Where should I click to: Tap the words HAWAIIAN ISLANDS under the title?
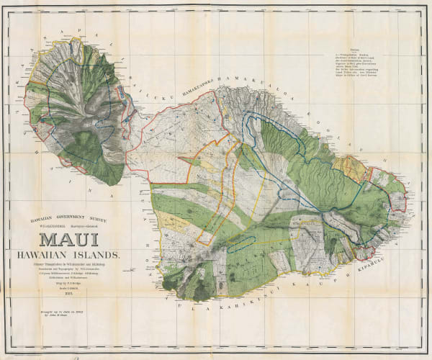pos(73,254)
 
